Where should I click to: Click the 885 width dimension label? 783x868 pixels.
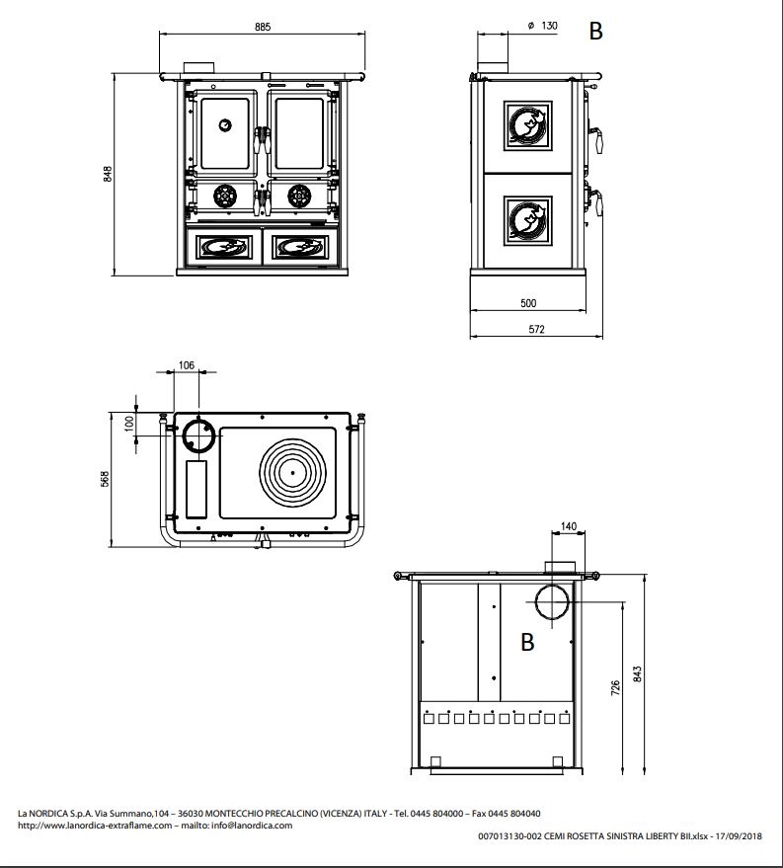(x=263, y=27)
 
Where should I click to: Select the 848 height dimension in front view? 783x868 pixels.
(x=108, y=174)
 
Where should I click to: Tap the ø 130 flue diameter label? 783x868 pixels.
(x=542, y=26)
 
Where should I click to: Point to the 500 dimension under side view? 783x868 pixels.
(x=528, y=303)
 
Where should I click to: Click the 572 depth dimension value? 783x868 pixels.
(x=536, y=329)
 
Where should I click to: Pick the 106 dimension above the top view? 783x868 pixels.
(x=187, y=365)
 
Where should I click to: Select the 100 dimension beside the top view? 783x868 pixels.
(x=129, y=424)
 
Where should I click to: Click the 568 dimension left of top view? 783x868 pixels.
(x=105, y=479)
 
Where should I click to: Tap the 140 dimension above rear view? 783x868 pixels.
(x=569, y=526)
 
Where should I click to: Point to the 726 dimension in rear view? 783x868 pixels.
(x=615, y=687)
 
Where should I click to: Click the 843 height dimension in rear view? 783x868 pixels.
(x=638, y=673)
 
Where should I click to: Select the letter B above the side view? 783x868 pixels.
(x=596, y=31)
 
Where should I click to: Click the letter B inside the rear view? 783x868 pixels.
(x=527, y=642)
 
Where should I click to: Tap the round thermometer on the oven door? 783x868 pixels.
(x=225, y=125)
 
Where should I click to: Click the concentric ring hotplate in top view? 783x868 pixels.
(x=292, y=473)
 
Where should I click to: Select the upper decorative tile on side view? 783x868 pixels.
(x=528, y=125)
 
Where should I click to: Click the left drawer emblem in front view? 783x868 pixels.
(x=224, y=246)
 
